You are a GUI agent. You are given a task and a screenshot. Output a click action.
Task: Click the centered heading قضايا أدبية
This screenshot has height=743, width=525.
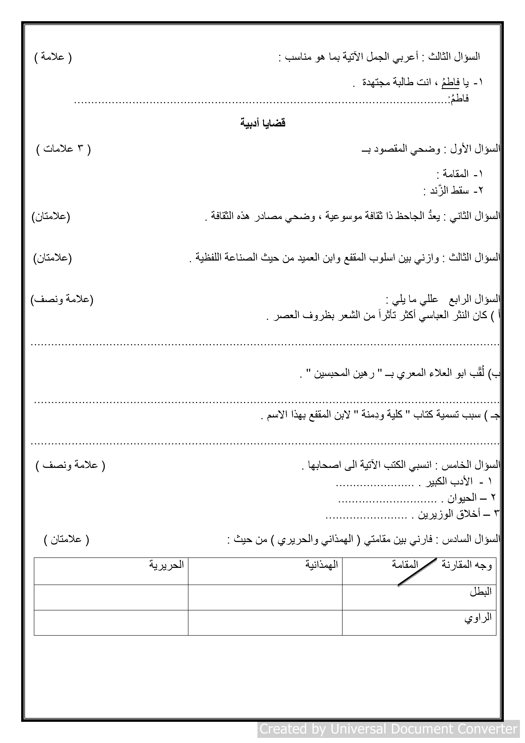tap(263, 123)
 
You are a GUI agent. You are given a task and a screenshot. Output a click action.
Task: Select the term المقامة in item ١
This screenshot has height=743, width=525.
tap(455, 174)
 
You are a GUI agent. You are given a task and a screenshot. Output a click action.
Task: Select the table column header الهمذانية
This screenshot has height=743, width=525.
tap(322, 565)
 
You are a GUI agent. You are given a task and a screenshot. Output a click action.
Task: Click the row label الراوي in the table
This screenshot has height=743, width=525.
tap(478, 617)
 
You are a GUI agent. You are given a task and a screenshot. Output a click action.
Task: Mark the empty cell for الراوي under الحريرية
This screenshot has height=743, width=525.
tap(111, 623)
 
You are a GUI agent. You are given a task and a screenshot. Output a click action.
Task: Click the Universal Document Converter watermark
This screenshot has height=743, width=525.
tap(388, 729)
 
